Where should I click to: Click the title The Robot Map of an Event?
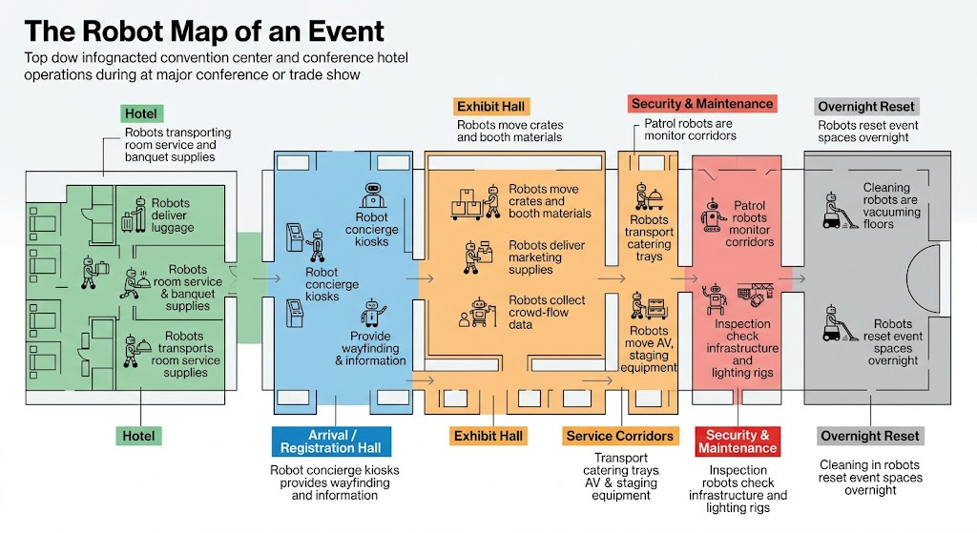point(204,31)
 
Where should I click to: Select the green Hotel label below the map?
point(138,436)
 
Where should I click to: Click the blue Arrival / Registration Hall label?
point(331,441)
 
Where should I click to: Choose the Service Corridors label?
point(619,436)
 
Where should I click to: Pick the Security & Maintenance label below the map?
point(737,441)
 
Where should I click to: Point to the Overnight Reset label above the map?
point(865,107)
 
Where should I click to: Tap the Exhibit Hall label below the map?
point(488,436)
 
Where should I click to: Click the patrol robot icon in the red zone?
point(712,216)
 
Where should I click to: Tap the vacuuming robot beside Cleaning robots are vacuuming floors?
point(836,211)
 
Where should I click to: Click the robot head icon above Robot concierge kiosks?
point(374,195)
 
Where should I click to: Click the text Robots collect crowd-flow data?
point(547,312)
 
